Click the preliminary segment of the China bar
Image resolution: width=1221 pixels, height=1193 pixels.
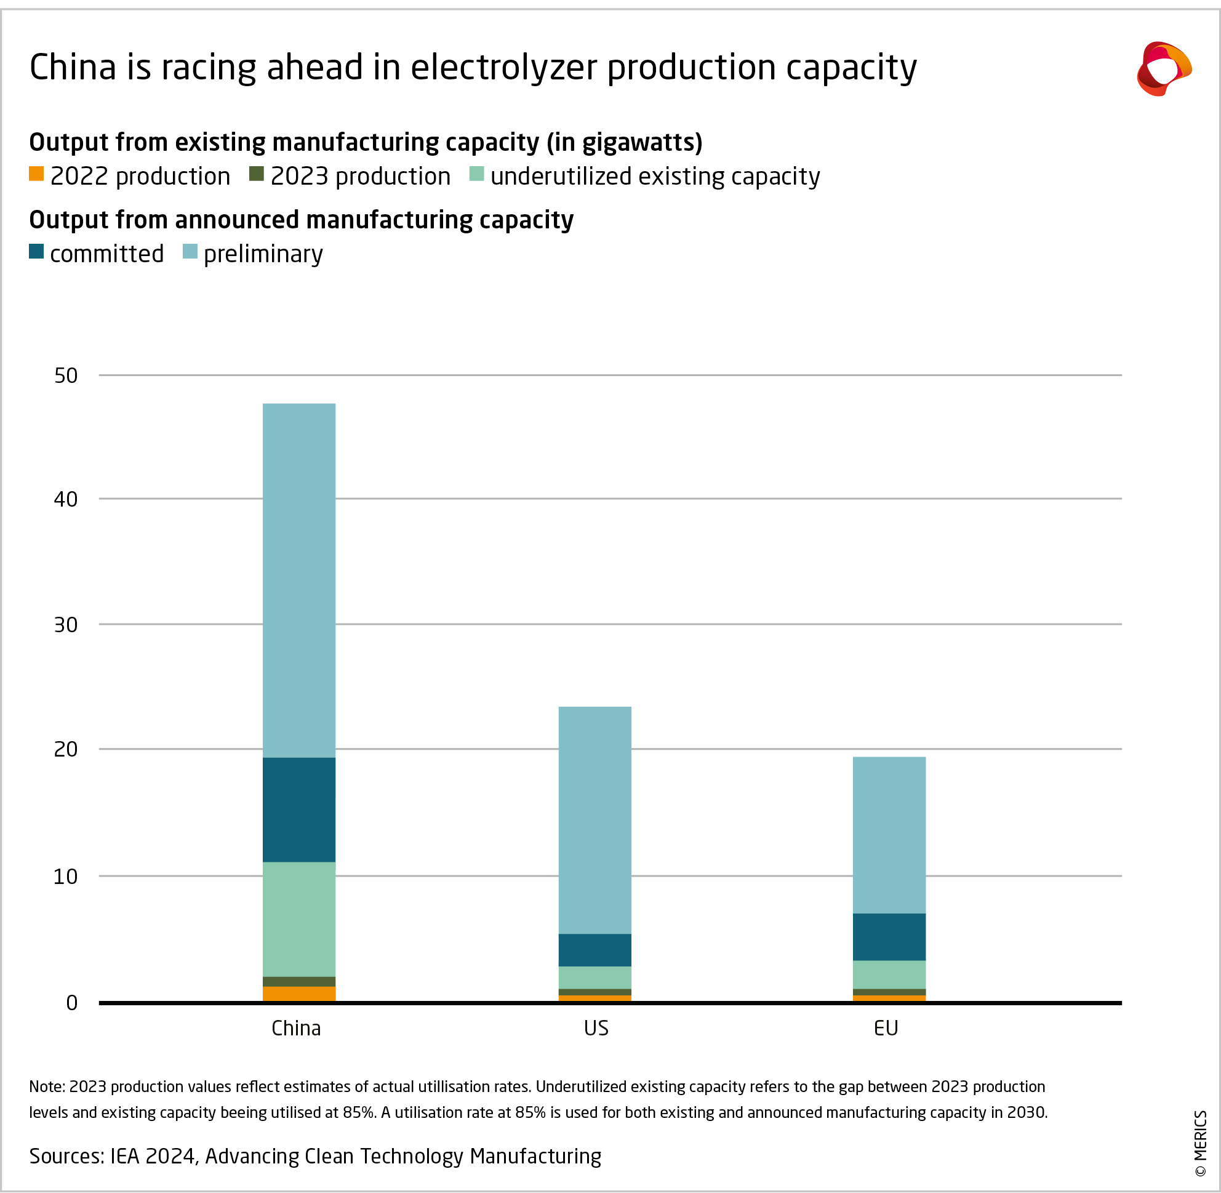pos(299,580)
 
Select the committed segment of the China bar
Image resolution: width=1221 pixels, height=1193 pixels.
pos(299,809)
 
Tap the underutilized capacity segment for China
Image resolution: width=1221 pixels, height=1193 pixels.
pos(299,919)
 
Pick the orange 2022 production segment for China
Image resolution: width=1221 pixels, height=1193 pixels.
pos(299,994)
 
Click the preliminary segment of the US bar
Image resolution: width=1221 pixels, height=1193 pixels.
pos(594,820)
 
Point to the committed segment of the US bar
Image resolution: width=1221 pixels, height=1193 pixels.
pos(594,950)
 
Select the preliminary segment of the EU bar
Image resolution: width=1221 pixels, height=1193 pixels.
pos(889,835)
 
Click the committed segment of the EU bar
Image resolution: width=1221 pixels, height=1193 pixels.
pos(889,937)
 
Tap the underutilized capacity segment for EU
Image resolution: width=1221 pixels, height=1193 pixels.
pos(889,974)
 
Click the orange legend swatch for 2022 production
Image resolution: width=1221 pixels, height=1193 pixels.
pos(36,174)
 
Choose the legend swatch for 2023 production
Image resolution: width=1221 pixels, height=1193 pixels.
pos(256,174)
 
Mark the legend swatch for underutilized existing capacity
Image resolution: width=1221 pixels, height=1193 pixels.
pos(476,174)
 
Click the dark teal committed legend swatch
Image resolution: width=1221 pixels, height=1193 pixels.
pos(36,252)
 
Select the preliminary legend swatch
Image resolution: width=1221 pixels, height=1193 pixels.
pos(190,252)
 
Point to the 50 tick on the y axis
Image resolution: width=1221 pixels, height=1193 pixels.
pos(66,376)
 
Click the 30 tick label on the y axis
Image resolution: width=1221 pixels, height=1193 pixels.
pos(66,625)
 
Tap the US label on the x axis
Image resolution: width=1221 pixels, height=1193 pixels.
pos(596,1028)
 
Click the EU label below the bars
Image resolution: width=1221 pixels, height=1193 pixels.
pos(886,1028)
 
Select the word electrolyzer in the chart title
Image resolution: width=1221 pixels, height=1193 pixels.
pos(503,67)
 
